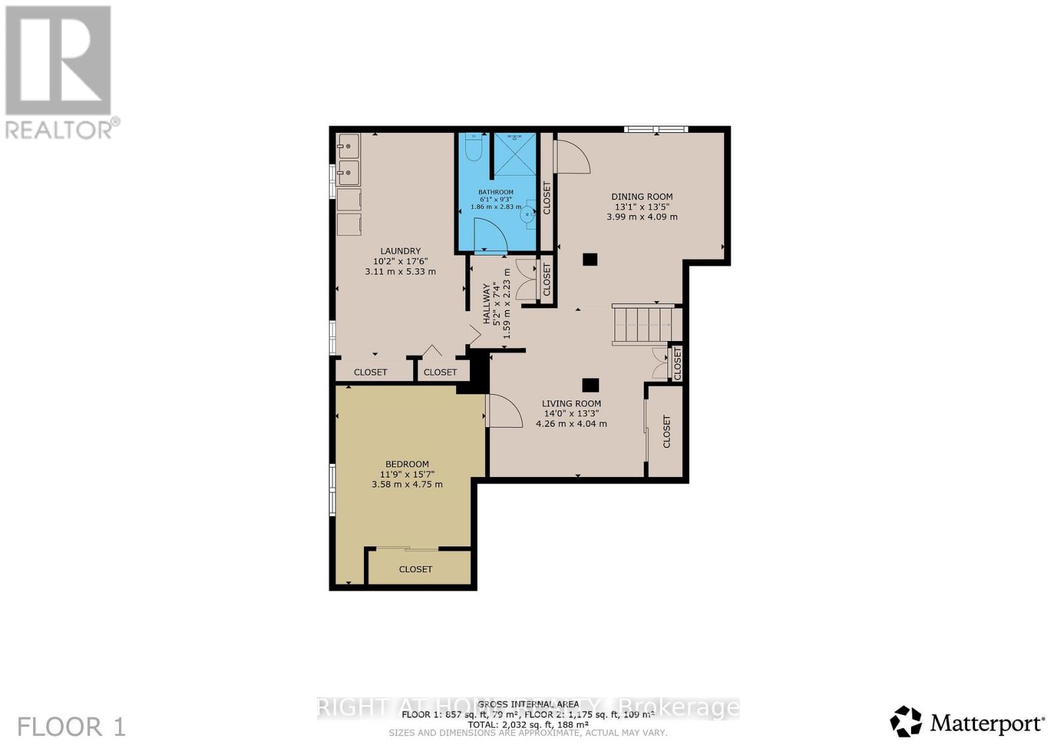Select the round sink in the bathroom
point(527,213)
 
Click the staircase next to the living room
point(643,324)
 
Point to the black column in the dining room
point(590,260)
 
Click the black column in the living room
point(591,385)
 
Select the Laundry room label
point(400,250)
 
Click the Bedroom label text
point(407,464)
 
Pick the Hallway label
point(488,303)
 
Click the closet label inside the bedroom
point(416,569)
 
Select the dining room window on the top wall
point(656,129)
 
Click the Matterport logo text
point(987,724)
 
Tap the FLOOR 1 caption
point(71,727)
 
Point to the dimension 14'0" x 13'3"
point(571,414)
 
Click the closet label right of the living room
point(667,431)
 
